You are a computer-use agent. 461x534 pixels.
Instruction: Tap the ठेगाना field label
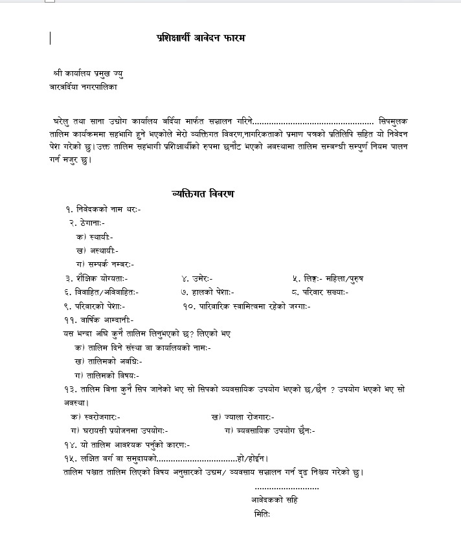tap(91, 223)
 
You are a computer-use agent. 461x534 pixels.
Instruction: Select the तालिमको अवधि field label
tap(108, 361)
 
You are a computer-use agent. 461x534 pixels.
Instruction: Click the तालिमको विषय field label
tap(107, 375)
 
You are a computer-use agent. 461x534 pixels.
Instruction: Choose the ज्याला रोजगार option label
tap(243, 416)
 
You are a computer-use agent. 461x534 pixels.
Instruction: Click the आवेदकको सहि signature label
tap(275, 500)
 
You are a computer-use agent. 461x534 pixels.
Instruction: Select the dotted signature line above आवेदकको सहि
tap(287, 487)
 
